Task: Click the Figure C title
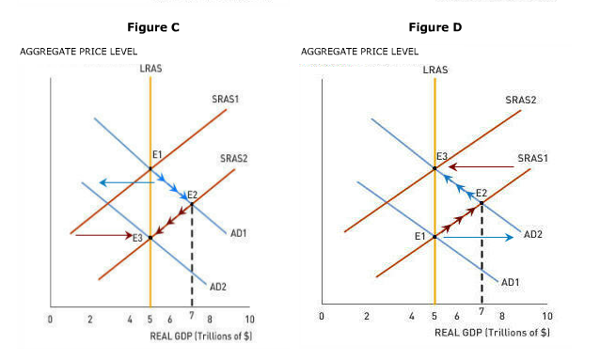[x=153, y=27]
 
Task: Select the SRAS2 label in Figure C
[x=233, y=158]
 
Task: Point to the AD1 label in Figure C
[x=238, y=232]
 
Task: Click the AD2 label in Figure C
[x=217, y=286]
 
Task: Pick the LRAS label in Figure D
[x=435, y=70]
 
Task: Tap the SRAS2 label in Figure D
[x=520, y=99]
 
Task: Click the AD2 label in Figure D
[x=533, y=233]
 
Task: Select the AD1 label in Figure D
[x=511, y=281]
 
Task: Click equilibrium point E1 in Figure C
[x=150, y=169]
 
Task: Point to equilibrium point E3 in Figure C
[x=150, y=237]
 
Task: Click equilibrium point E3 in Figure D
[x=434, y=168]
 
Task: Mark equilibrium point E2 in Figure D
[x=482, y=203]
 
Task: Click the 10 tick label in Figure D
[x=547, y=316]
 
